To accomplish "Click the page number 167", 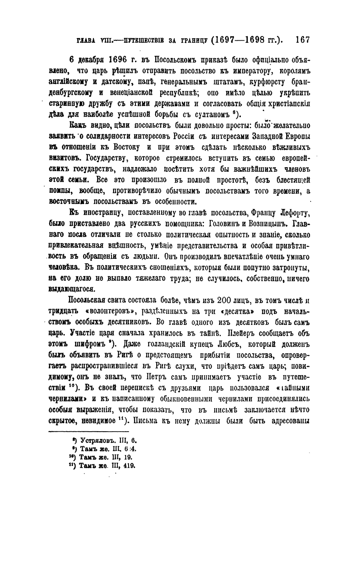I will [302, 40].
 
